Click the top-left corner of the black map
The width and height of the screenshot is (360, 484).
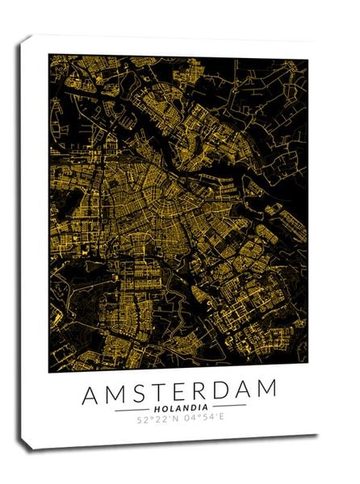click(x=48, y=55)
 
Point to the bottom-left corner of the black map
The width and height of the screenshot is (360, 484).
click(x=48, y=372)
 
